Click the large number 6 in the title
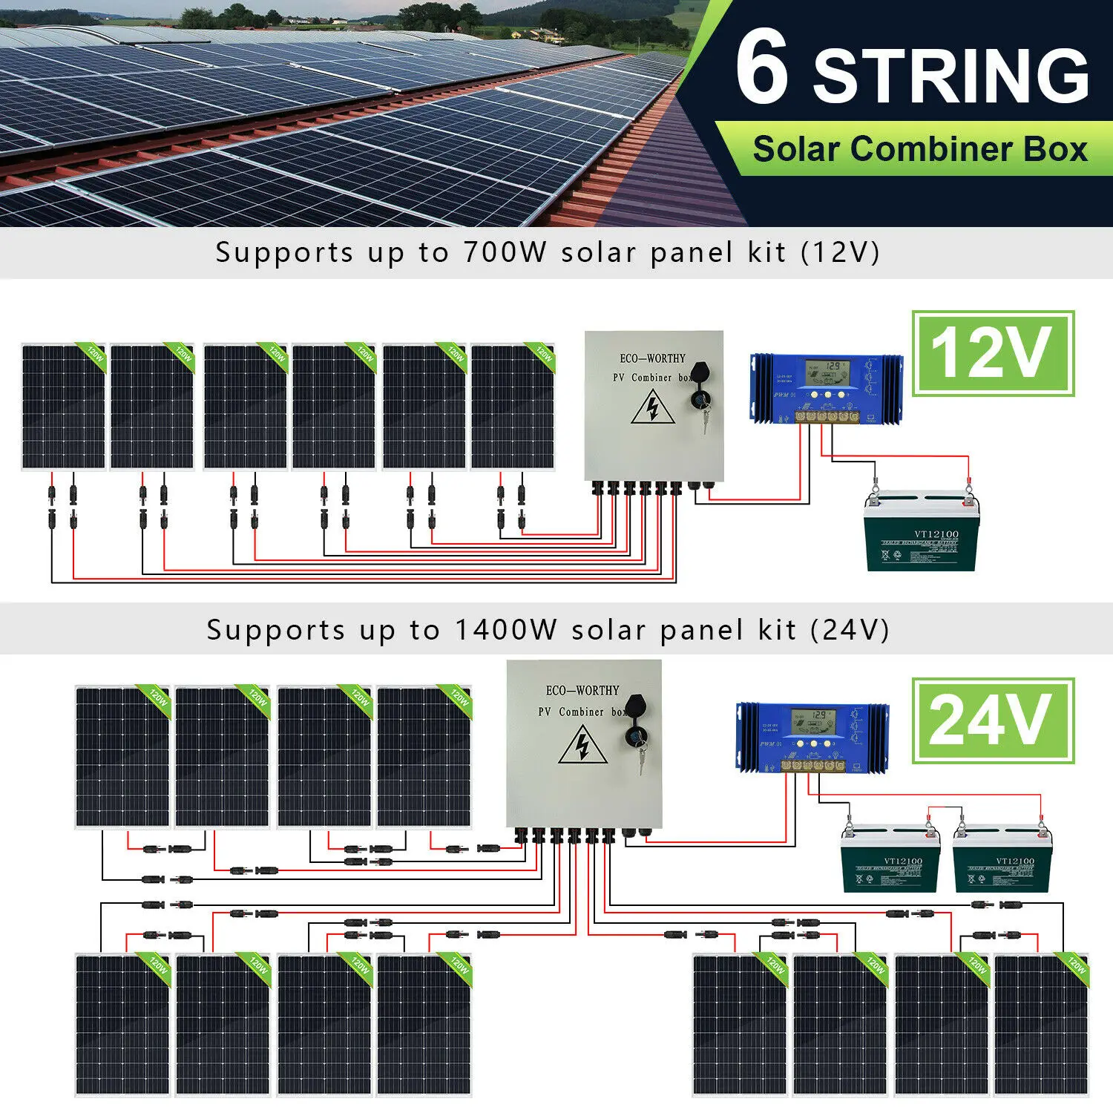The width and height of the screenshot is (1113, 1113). tap(762, 68)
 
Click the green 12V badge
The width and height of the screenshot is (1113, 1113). tap(992, 353)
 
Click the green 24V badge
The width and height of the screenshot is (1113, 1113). tap(992, 720)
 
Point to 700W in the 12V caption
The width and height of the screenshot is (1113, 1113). tap(505, 252)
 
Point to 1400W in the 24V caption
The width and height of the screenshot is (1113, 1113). tap(505, 630)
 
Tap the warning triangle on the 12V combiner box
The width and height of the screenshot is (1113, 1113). tap(652, 407)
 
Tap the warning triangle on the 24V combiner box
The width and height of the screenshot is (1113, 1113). tap(582, 744)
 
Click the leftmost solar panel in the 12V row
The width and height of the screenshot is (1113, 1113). tap(64, 406)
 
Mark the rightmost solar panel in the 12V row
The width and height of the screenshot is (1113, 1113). tap(513, 406)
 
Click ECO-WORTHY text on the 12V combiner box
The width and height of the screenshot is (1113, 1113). tap(652, 358)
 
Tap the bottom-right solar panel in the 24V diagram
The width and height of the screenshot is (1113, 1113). tap(1041, 1024)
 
